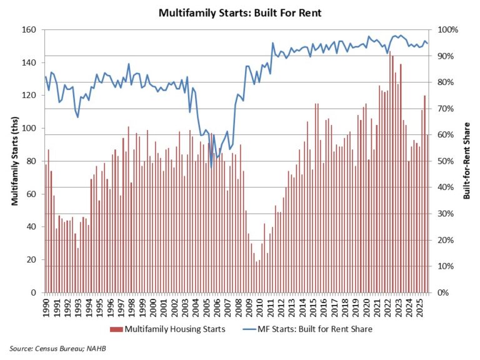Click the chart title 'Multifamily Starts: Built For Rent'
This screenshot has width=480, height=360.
241,12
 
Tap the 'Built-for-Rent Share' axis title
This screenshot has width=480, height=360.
466,161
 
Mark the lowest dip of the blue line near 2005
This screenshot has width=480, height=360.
211,167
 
